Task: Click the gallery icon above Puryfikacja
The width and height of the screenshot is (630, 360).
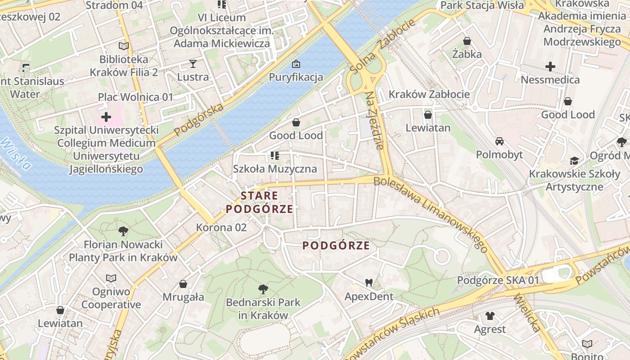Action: [x=296, y=64]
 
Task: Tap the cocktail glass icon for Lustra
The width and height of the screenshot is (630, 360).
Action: [x=193, y=64]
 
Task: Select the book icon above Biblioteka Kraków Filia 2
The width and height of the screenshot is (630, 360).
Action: [x=124, y=46]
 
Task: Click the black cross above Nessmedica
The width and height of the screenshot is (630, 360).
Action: [x=550, y=67]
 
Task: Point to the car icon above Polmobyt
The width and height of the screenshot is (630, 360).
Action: [x=499, y=141]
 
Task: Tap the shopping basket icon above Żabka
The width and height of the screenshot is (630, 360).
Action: [x=467, y=41]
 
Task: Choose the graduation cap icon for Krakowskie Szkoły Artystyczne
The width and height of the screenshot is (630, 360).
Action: [x=574, y=161]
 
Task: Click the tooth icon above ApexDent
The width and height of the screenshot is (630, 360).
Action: [x=369, y=283]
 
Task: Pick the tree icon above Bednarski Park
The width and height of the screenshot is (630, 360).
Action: [x=263, y=289]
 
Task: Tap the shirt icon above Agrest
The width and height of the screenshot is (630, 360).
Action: [x=490, y=316]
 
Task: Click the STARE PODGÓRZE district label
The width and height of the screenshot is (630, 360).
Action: [x=260, y=202]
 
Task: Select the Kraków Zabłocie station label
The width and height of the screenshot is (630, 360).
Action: [x=429, y=94]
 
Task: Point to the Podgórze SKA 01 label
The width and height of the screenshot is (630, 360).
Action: [x=498, y=280]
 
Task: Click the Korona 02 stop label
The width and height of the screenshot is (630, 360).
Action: [x=221, y=228]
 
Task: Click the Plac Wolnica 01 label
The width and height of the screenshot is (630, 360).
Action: [x=135, y=97]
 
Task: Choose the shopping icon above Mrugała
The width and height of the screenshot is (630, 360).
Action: [x=183, y=284]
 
